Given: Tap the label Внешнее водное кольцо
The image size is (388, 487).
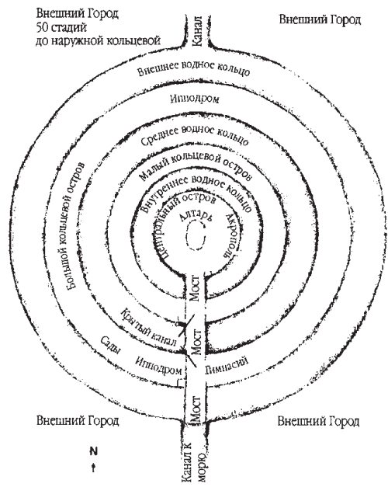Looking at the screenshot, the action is pos(194,68).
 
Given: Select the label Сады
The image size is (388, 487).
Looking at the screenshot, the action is pos(110,345).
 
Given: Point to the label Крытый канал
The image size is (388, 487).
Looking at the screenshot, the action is pos(149,327).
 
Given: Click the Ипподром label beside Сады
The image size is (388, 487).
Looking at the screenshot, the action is pos(159,366).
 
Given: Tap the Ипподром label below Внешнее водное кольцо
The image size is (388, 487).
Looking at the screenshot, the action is pos(195,99).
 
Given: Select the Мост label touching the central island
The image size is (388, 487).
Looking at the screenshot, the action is pos(195,288).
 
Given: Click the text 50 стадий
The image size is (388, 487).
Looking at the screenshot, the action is pos(61,27).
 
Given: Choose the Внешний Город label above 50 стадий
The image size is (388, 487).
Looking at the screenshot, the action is pos(78,13).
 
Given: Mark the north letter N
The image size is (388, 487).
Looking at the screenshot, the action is pos(93,450).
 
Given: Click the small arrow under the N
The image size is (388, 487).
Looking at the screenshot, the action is pos(93,468).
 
